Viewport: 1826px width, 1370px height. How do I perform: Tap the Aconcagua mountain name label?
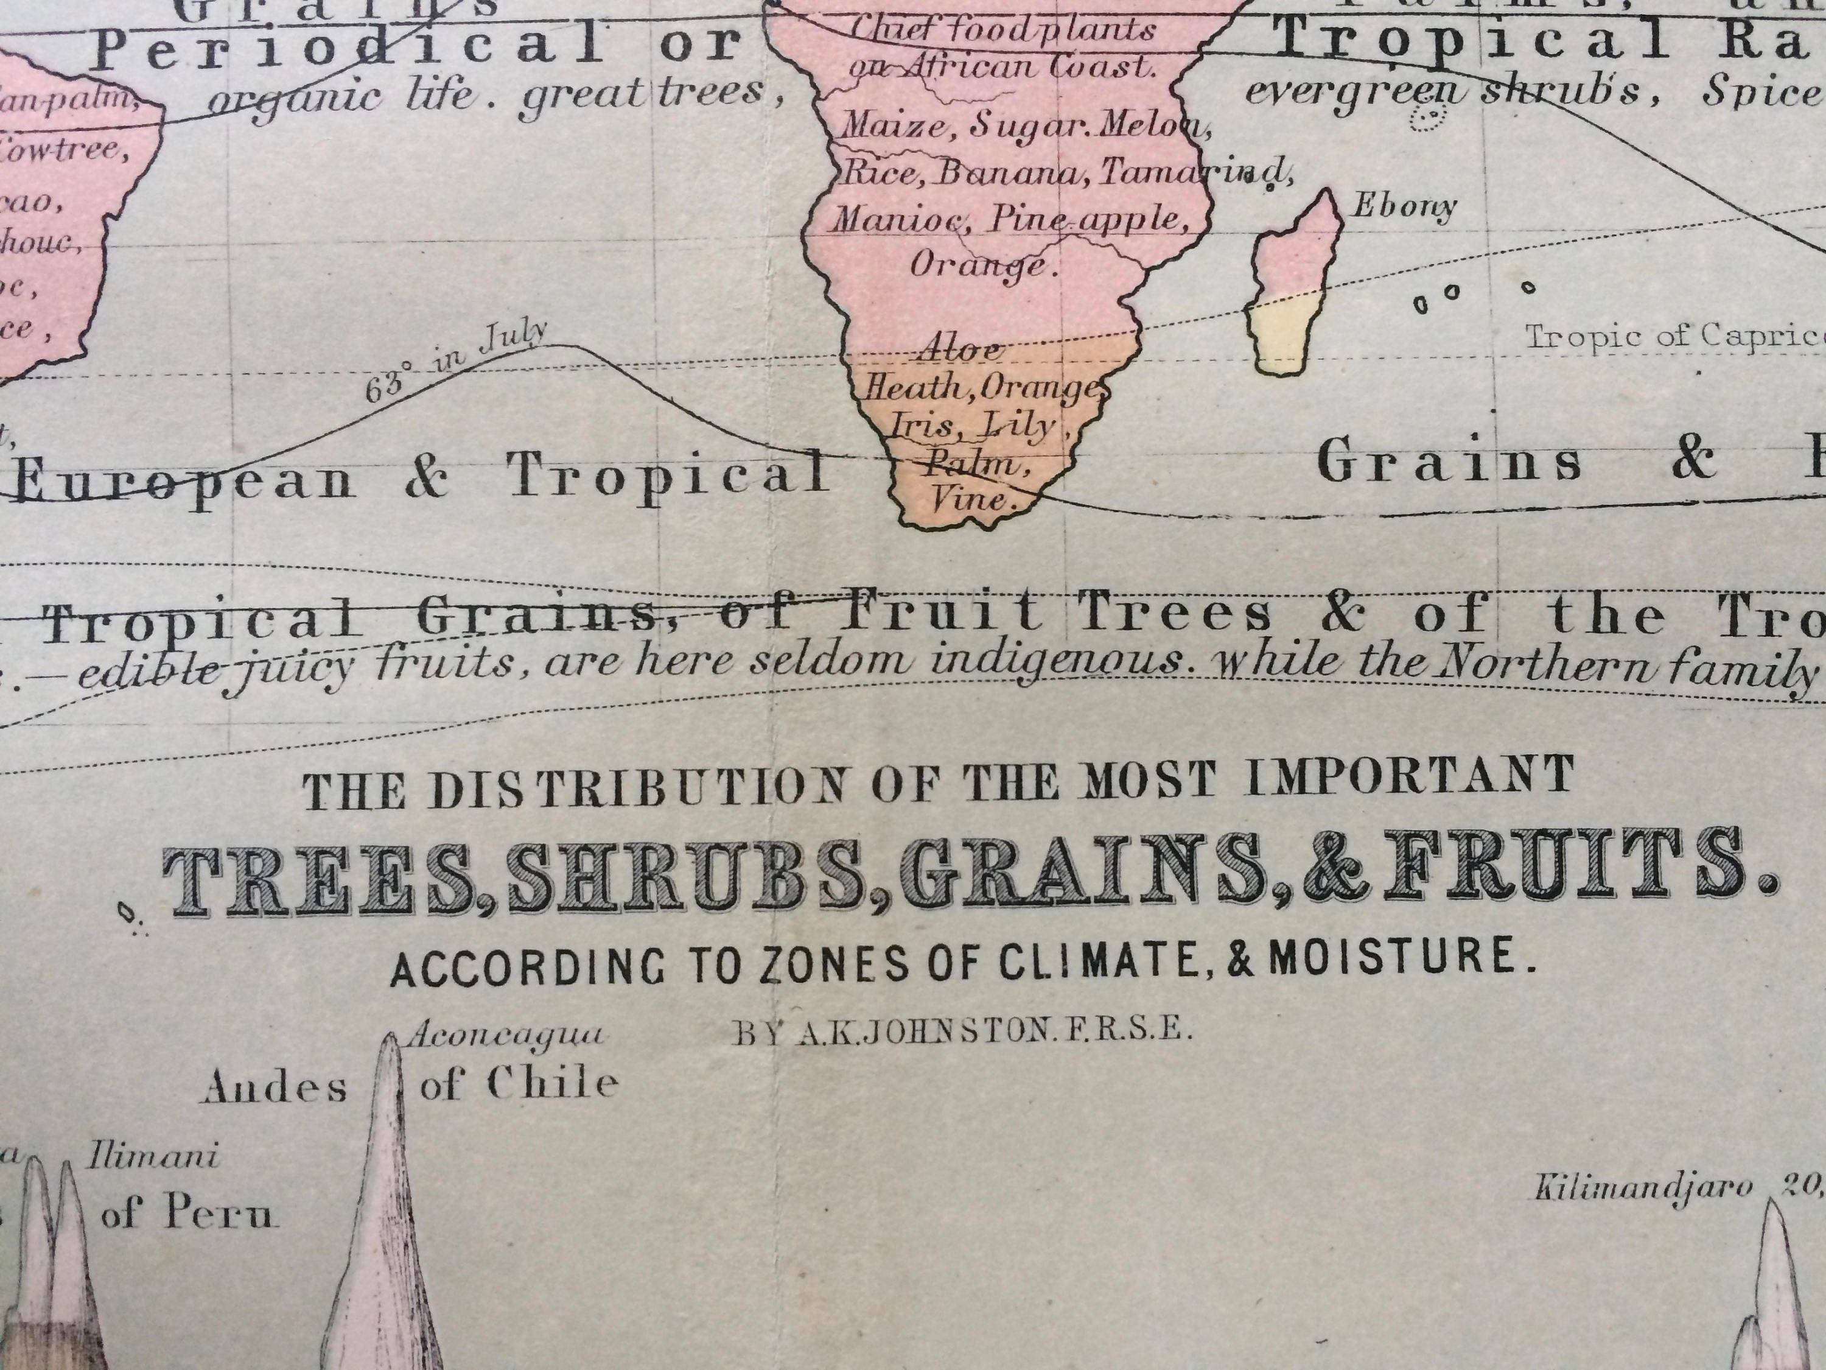click(506, 1035)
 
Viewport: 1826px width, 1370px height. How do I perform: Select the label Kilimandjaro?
click(1643, 1187)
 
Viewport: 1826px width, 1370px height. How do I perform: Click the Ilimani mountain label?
click(153, 1156)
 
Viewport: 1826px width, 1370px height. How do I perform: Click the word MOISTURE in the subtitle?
click(1401, 958)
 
